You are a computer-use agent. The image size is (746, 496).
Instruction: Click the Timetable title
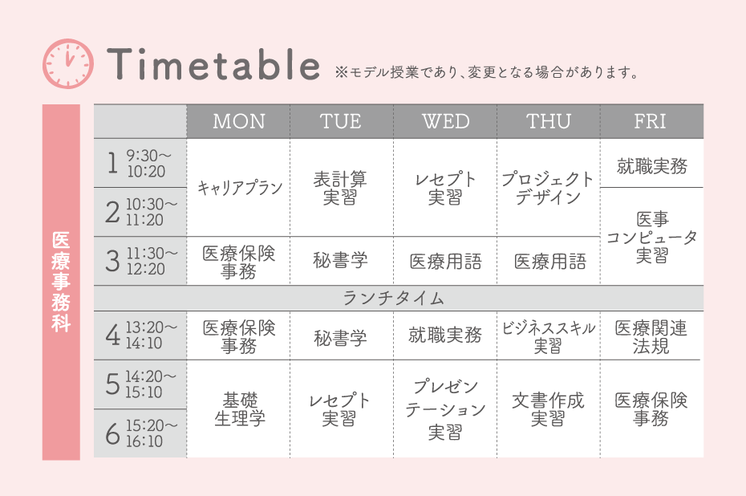(213, 64)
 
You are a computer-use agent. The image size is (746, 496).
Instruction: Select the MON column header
(238, 121)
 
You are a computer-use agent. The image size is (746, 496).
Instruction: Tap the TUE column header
(341, 121)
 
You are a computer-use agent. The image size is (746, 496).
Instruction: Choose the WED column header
(445, 121)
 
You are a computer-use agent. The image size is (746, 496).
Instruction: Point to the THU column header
(549, 121)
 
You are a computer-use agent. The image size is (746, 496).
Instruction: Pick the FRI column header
(651, 121)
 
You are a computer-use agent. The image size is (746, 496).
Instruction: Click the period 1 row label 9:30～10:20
(140, 163)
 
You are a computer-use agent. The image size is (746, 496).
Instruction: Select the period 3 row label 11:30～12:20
(140, 261)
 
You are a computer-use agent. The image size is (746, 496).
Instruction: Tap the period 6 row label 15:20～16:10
(140, 433)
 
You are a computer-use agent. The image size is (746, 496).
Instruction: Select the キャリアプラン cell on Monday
(239, 188)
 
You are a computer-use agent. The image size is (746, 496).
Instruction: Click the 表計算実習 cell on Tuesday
(341, 188)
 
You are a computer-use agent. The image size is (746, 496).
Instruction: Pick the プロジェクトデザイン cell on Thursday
(549, 188)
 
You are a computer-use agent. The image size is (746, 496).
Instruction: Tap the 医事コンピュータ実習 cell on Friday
(651, 237)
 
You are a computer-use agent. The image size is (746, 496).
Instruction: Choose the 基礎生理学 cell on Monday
(239, 409)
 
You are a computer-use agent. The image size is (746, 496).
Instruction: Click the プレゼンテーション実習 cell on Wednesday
(445, 409)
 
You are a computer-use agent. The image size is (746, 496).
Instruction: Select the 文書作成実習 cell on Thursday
(549, 409)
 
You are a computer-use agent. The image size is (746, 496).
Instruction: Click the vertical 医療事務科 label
(61, 282)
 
